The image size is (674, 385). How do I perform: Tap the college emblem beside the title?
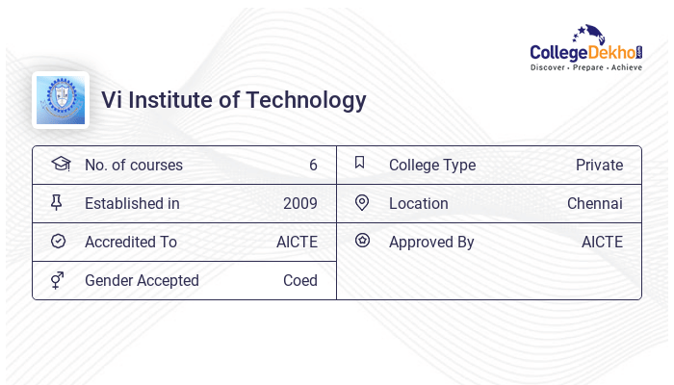click(x=61, y=100)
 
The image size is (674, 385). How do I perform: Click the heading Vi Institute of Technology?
click(x=234, y=100)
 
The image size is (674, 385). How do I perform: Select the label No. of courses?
click(x=133, y=165)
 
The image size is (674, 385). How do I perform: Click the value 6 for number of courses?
click(x=313, y=165)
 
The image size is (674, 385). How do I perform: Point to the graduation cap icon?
click(x=60, y=164)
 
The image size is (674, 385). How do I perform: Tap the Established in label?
click(x=132, y=203)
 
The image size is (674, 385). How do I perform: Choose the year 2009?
click(x=300, y=203)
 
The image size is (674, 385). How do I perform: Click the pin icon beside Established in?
click(x=57, y=202)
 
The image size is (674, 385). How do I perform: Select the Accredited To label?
click(x=131, y=242)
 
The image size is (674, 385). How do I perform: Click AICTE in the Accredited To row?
click(x=297, y=242)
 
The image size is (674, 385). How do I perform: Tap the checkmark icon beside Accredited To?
click(x=58, y=242)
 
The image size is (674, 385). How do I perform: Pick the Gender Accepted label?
click(x=142, y=280)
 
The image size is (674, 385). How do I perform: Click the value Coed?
click(x=300, y=280)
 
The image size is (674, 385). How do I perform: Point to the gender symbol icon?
click(x=58, y=280)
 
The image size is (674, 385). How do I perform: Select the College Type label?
click(x=432, y=165)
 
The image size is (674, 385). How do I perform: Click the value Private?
click(x=599, y=165)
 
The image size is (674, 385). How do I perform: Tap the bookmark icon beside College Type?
click(x=360, y=163)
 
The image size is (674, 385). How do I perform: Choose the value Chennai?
click(x=595, y=203)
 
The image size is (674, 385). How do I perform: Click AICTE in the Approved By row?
click(x=602, y=242)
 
